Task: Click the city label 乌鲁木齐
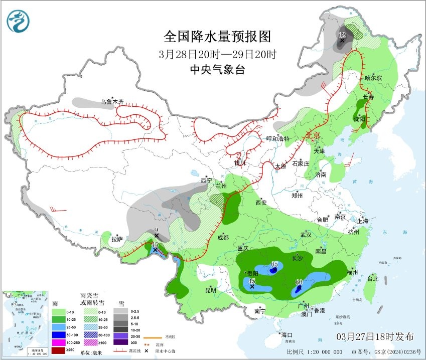(111, 102)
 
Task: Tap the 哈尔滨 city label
(373, 78)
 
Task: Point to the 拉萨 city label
(116, 239)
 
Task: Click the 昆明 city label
(210, 290)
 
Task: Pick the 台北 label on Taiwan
(372, 279)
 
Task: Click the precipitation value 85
(274, 264)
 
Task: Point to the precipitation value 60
(299, 282)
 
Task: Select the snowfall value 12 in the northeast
(342, 35)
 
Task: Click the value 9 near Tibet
(157, 230)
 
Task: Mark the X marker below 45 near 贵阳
(252, 287)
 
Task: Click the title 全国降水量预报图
(217, 37)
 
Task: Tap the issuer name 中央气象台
(217, 70)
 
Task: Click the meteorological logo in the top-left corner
(18, 21)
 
